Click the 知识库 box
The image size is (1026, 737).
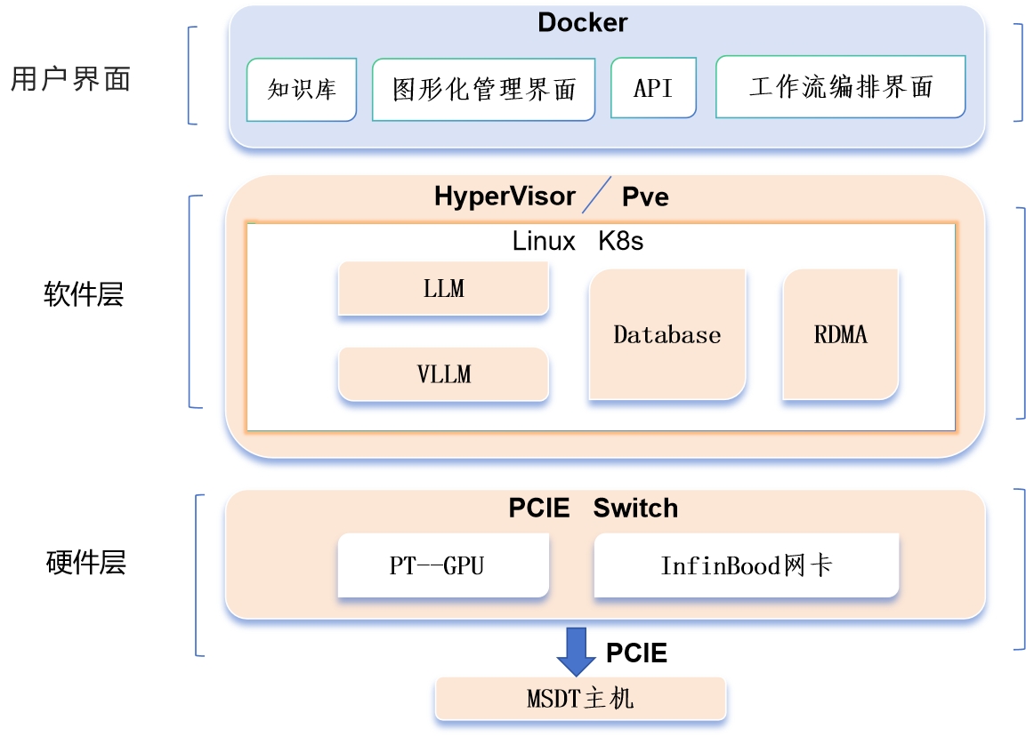(302, 90)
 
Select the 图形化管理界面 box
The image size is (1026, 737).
(483, 90)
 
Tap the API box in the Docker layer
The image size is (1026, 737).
(653, 88)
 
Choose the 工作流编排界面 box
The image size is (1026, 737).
(841, 86)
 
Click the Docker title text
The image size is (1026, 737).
(582, 23)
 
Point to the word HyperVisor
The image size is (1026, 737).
(505, 196)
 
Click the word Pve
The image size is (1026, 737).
(645, 196)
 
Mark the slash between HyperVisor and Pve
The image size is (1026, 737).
(596, 194)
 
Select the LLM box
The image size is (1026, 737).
(444, 288)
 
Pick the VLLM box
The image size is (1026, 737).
(444, 374)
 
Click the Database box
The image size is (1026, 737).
(667, 334)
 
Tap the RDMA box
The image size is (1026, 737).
(841, 334)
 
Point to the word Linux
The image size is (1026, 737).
(544, 241)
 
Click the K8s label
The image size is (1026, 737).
(620, 241)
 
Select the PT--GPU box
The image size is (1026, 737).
(443, 565)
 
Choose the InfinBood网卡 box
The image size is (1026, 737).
(747, 565)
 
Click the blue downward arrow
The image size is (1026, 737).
(577, 652)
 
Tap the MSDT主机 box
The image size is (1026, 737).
(581, 699)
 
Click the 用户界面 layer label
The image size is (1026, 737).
(70, 79)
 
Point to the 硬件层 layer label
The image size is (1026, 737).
(85, 563)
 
